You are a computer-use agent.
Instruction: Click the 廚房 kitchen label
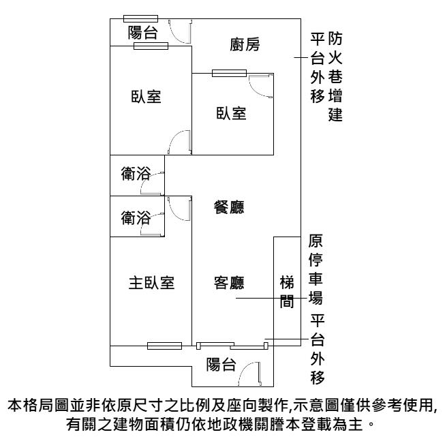click(245, 45)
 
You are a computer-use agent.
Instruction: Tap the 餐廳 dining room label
click(230, 207)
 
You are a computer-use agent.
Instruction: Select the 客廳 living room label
click(230, 282)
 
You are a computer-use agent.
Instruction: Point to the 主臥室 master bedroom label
click(151, 282)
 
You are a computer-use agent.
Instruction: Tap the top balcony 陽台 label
click(144, 32)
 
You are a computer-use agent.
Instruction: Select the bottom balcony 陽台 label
click(222, 365)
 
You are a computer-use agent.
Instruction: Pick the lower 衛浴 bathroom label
click(136, 218)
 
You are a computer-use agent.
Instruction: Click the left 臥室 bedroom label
click(147, 96)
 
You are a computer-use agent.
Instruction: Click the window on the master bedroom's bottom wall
click(164, 346)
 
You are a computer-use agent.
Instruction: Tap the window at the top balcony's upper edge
click(140, 18)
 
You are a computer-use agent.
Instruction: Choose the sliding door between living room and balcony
click(231, 345)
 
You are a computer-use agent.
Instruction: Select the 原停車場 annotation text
click(316, 270)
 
